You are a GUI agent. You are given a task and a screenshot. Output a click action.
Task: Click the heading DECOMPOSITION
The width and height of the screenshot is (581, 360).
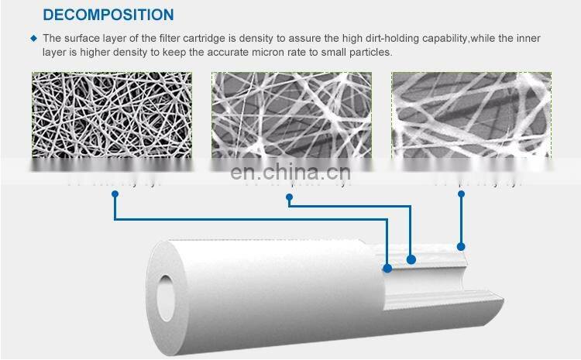[108, 15]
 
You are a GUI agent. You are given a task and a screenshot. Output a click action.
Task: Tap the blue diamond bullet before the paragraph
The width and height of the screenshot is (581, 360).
[33, 37]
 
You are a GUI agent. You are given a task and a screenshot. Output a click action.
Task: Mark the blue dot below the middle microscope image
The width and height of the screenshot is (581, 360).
[290, 198]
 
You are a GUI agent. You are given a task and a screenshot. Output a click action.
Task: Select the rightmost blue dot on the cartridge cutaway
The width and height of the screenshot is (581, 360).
[462, 247]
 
